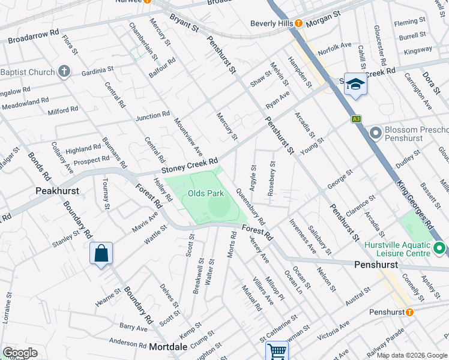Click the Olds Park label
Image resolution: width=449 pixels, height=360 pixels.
click(x=205, y=193)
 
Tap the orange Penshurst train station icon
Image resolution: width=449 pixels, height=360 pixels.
click(x=409, y=312)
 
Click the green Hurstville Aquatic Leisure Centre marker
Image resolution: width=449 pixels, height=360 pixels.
click(x=439, y=247)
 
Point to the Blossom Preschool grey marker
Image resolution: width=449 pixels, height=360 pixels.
click(x=376, y=132)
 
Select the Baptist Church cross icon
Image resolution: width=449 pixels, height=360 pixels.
click(x=65, y=73)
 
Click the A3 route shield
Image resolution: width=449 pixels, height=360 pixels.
click(x=357, y=119)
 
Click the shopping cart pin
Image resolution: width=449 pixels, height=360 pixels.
click(x=277, y=350)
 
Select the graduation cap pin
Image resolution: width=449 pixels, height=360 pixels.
click(x=355, y=86)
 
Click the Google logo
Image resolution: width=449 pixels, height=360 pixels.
click(x=19, y=353)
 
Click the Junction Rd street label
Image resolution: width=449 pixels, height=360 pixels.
click(x=152, y=115)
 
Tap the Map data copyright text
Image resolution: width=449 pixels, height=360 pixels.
click(x=411, y=355)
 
